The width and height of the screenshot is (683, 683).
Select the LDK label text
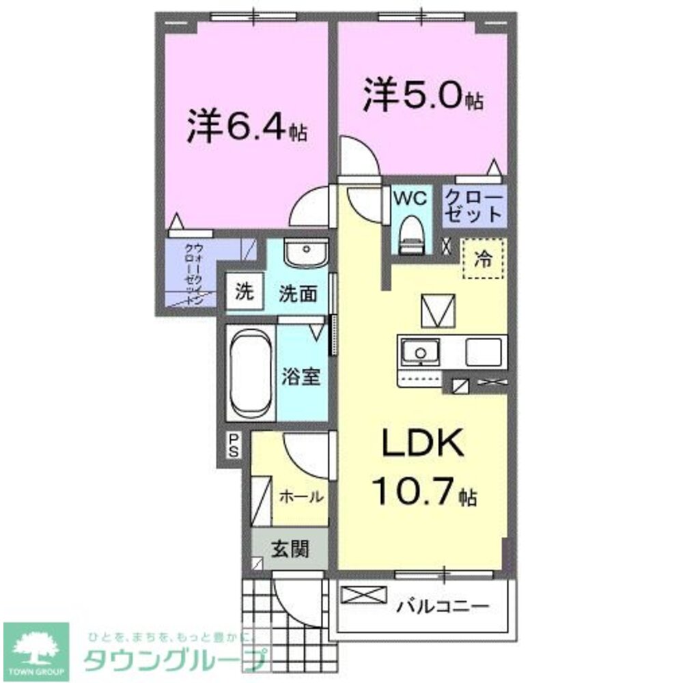point(423,445)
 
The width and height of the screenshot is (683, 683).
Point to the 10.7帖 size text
point(423,491)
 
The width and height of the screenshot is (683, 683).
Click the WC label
point(410,199)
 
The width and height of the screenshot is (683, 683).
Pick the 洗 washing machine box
point(243,292)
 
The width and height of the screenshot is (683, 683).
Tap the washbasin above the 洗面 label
point(305,253)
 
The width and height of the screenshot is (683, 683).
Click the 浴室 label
point(301,376)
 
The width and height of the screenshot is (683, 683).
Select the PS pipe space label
point(233,445)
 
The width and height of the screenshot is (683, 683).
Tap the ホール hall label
point(300,497)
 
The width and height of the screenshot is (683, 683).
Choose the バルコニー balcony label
point(443,606)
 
